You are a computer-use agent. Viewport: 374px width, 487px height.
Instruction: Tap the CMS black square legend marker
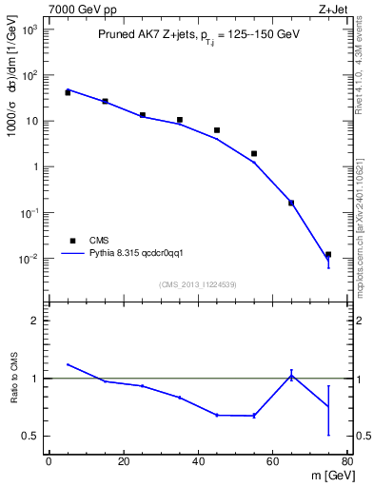tap(72, 241)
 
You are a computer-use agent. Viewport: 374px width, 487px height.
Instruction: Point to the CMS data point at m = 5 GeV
tap(68, 92)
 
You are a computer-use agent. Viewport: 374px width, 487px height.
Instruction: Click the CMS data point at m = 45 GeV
tap(217, 130)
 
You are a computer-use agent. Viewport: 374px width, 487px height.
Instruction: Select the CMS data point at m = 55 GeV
tap(254, 153)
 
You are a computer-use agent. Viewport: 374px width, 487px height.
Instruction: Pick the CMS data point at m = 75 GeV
tap(328, 255)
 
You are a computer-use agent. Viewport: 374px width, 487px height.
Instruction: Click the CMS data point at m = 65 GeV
tap(291, 203)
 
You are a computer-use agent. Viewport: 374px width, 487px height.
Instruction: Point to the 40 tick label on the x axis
tap(198, 461)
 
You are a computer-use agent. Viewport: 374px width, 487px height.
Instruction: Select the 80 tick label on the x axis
tap(346, 461)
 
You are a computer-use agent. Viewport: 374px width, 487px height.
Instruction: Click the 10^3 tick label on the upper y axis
tap(30, 29)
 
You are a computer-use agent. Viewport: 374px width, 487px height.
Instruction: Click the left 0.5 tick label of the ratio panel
tap(31, 436)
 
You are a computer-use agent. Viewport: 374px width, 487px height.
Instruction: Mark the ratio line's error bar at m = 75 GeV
tap(328, 410)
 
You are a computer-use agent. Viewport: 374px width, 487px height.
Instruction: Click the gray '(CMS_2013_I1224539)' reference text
tap(198, 283)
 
